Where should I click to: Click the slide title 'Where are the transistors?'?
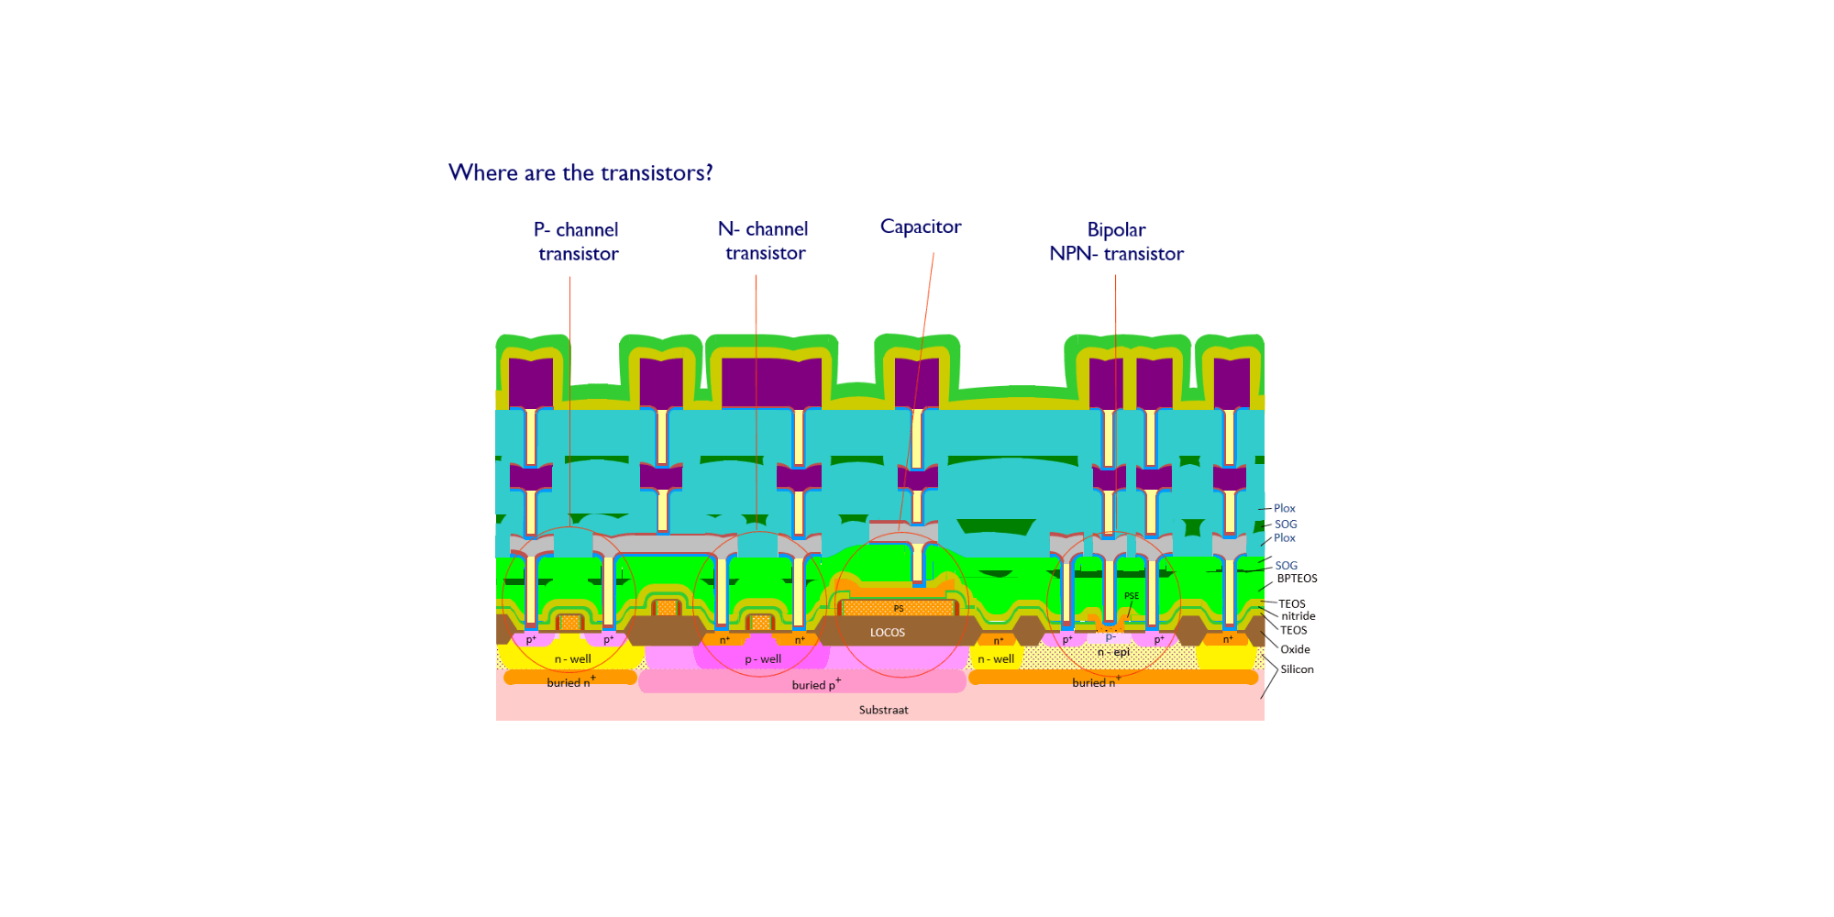pos(580,172)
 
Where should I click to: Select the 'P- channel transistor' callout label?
pos(578,241)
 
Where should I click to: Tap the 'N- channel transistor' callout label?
pos(764,240)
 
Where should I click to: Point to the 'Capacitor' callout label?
pos(921,226)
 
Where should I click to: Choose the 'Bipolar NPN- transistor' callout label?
pos(1116,241)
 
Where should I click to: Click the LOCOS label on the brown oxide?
pos(887,633)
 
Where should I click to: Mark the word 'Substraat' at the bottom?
pos(883,710)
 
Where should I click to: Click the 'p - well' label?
pos(763,659)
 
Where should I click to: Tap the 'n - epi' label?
pos(1113,652)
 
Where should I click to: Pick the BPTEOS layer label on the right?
pos(1297,579)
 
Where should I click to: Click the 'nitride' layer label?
pos(1298,616)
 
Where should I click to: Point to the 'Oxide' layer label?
pos(1295,649)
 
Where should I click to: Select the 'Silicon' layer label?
pos(1297,669)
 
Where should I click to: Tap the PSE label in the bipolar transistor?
pos(1132,596)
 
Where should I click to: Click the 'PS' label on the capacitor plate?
pos(899,609)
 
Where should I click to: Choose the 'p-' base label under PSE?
pos(1110,637)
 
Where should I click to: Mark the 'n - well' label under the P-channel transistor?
pos(572,659)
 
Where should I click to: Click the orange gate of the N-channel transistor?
pos(760,623)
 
